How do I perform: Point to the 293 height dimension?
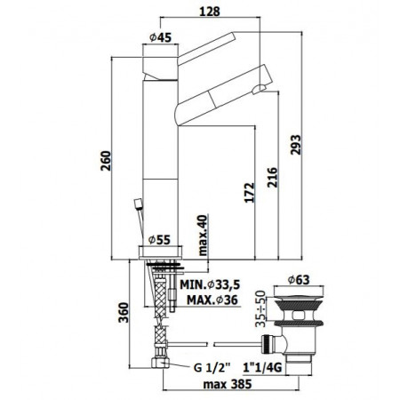(x=295, y=143)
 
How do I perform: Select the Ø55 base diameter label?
(x=161, y=239)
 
